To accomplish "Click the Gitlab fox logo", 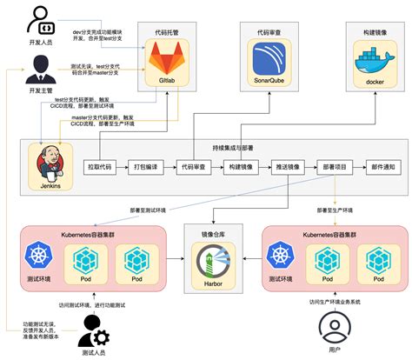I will point(170,63).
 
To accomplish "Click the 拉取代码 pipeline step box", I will point(104,166).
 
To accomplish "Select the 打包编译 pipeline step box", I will point(149,166).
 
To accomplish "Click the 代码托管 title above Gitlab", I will point(170,31).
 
